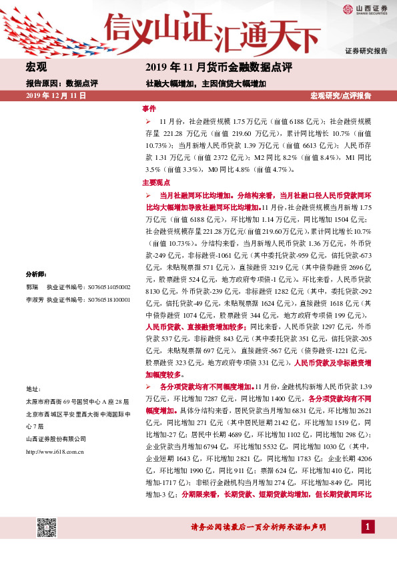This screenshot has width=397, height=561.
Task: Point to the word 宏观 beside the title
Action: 36,68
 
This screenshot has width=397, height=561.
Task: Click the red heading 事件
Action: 149,108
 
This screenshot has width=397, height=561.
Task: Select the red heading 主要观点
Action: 156,182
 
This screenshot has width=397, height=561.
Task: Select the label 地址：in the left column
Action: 33,388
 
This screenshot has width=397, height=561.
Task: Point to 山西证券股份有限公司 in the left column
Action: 55,438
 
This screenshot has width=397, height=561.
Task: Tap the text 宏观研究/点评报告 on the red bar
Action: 341,96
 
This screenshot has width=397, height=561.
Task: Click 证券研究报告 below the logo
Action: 366,51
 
